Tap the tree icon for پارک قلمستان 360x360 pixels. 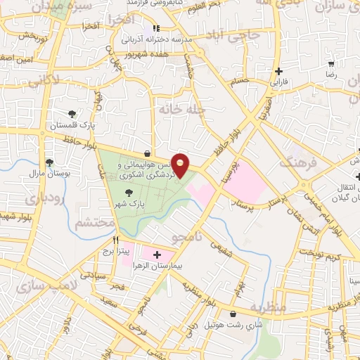(x=72, y=114)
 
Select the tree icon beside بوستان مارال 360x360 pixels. (x=32, y=160)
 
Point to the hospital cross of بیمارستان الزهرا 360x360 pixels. (x=156, y=255)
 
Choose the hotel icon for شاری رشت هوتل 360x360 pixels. (x=233, y=314)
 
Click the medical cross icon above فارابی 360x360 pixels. (x=279, y=71)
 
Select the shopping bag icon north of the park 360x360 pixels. (x=146, y=153)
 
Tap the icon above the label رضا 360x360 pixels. (x=330, y=63)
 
